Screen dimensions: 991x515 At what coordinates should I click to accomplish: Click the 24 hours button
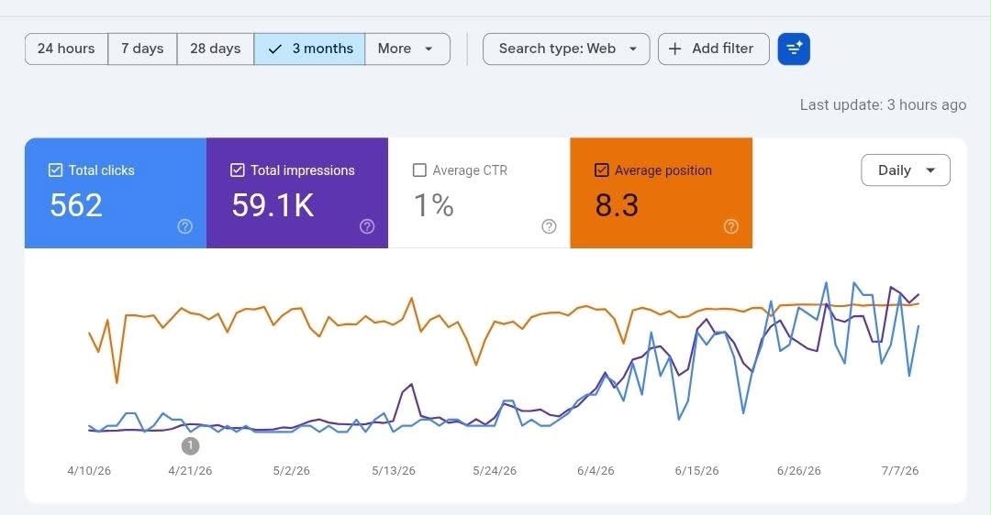click(x=66, y=49)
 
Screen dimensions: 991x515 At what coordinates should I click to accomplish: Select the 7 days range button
click(x=142, y=49)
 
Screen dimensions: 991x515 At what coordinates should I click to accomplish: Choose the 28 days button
click(x=216, y=49)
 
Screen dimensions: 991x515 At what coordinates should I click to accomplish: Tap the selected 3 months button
click(x=310, y=49)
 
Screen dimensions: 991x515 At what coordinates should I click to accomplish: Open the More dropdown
click(x=407, y=49)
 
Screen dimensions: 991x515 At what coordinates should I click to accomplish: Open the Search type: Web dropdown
click(x=566, y=49)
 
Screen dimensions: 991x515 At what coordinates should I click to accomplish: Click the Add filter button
click(x=714, y=49)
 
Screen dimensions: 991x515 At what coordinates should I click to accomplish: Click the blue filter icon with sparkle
click(x=794, y=49)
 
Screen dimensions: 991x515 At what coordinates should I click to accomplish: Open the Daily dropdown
click(x=906, y=170)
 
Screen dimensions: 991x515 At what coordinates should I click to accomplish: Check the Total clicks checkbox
click(x=56, y=170)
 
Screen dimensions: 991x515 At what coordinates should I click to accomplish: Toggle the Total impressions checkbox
click(x=238, y=170)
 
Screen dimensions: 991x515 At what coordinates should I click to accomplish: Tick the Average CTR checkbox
click(x=419, y=170)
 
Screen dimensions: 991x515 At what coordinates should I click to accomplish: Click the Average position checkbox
click(x=602, y=170)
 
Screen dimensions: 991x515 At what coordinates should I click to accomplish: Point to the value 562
click(x=76, y=206)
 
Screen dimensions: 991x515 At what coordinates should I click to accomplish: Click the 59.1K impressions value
click(x=273, y=206)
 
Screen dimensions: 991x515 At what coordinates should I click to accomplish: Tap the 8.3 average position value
click(x=617, y=206)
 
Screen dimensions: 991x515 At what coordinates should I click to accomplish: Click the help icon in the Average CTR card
click(x=550, y=226)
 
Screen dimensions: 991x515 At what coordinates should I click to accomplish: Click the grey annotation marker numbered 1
click(x=190, y=446)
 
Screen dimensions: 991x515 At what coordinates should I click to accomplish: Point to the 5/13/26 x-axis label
click(x=394, y=471)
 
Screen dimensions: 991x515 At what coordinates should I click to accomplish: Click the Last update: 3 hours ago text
click(x=883, y=104)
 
